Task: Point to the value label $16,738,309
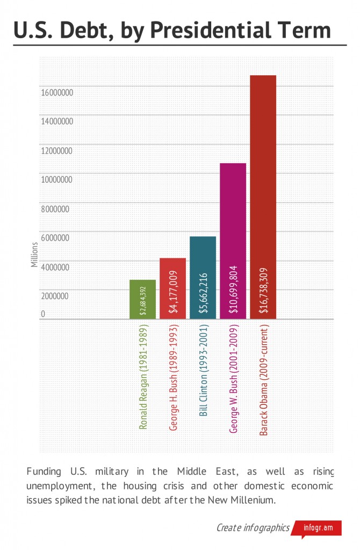pos(263,291)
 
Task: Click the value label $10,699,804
pos(233,291)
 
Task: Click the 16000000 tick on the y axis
pos(57,92)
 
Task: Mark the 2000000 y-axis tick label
pos(55,296)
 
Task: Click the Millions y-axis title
pos(34,255)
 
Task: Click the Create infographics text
pos(253,527)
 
